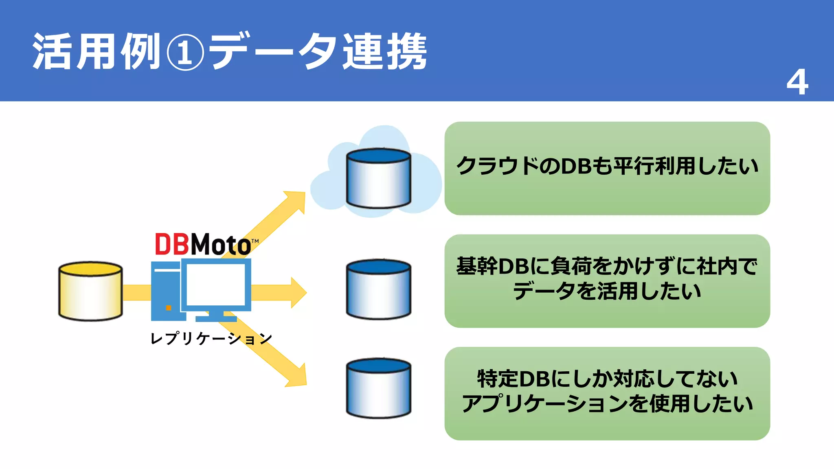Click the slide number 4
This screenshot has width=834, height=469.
click(x=797, y=82)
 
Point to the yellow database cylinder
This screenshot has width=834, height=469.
click(x=90, y=291)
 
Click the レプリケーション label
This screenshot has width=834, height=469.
click(x=211, y=338)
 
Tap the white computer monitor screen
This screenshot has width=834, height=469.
click(x=216, y=284)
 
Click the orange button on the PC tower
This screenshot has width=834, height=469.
click(x=168, y=308)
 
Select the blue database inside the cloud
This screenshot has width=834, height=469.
click(x=378, y=178)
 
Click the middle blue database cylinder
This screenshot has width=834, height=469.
click(x=378, y=289)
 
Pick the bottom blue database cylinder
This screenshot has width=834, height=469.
click(x=378, y=388)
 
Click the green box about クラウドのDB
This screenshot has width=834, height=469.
click(x=607, y=168)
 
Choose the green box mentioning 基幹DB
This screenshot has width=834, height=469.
click(x=607, y=281)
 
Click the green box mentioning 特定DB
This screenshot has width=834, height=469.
click(x=607, y=393)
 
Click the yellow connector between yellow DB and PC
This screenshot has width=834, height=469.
click(x=136, y=292)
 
